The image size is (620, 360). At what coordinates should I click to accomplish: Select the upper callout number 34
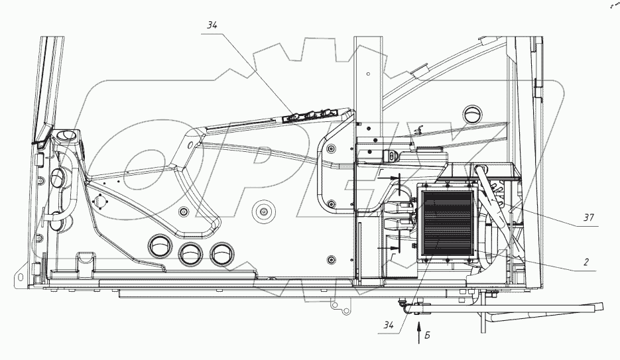pyautogui.click(x=212, y=25)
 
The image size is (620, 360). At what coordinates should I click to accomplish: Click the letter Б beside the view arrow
pyautogui.click(x=429, y=336)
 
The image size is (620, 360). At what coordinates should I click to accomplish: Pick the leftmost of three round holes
pyautogui.click(x=160, y=247)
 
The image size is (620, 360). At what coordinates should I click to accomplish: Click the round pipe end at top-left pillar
pyautogui.click(x=67, y=137)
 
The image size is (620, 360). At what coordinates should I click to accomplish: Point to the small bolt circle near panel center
pyautogui.click(x=263, y=213)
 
